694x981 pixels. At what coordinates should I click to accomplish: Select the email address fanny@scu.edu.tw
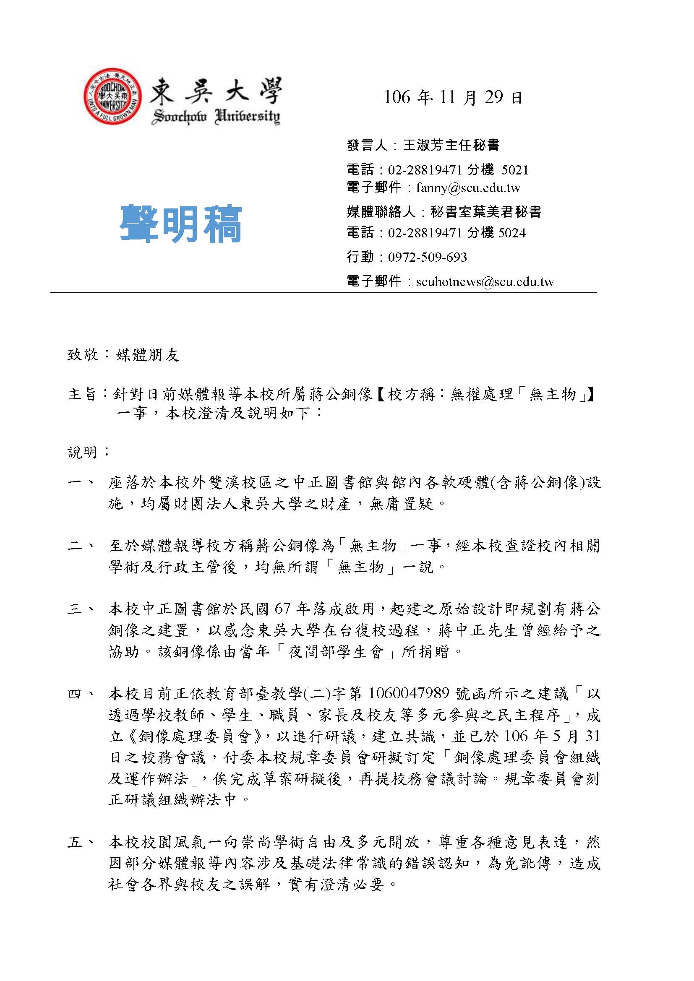468,188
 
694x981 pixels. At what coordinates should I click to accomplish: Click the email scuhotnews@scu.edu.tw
485,282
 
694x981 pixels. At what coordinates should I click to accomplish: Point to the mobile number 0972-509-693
427,257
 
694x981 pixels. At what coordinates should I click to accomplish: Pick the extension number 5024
512,233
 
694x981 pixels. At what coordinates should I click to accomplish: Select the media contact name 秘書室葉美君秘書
486,212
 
